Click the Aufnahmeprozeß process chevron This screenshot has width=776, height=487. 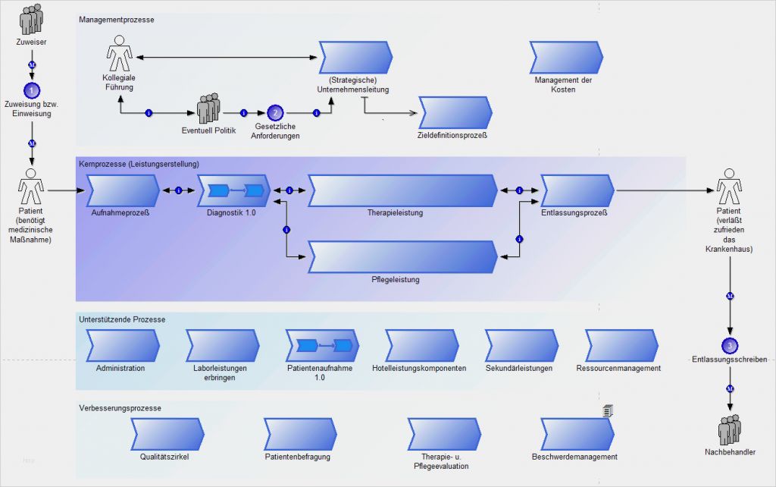121,190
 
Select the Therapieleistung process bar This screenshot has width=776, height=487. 402,190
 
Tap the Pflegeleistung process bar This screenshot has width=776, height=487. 402,257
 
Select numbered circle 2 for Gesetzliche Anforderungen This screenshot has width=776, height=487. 275,113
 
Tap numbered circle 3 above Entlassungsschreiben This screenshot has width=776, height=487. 730,345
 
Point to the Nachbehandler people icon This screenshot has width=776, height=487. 730,430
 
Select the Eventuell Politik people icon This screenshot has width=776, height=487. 208,110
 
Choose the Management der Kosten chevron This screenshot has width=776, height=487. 565,57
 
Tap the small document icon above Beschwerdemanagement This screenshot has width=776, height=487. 607,410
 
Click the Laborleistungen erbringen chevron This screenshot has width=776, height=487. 222,345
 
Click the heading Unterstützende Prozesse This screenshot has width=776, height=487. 122,319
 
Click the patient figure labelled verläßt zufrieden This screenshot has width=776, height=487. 729,185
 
